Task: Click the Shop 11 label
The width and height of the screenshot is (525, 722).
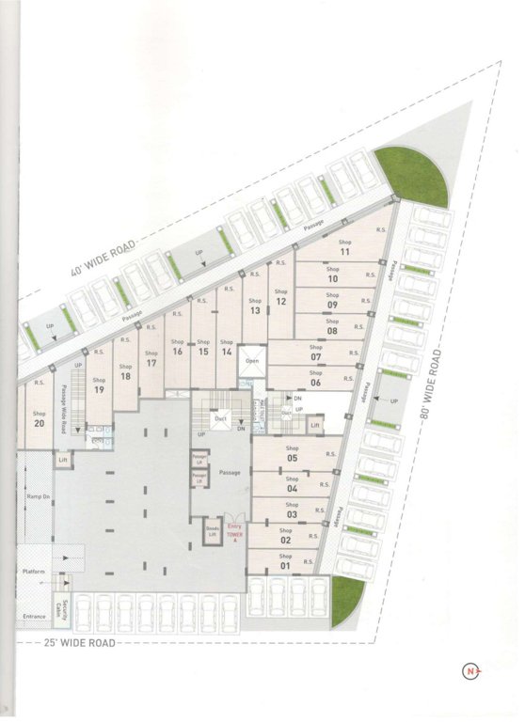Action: pos(344,247)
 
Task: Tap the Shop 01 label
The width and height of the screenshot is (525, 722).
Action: pos(285,561)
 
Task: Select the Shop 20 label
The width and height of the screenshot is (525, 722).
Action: pos(39,418)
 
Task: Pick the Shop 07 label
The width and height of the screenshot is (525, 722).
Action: pos(315,353)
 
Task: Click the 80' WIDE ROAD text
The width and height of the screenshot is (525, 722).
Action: pos(437,385)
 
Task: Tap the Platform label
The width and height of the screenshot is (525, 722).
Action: pos(34,571)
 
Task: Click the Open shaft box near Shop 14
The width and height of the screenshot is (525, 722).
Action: pos(251,361)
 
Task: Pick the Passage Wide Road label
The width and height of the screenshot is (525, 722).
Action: pos(63,408)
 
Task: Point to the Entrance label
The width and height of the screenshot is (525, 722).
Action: pos(34,617)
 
